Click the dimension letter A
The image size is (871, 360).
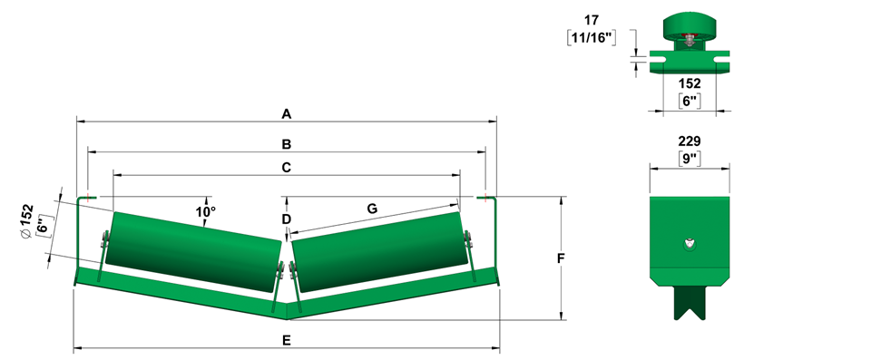pos(286,114)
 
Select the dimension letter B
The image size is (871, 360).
pos(286,144)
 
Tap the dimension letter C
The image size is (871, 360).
pos(286,167)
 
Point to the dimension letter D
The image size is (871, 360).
pos(286,219)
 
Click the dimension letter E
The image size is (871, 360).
pos(286,340)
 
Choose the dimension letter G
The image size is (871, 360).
pos(372,209)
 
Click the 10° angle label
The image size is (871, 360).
pos(205,211)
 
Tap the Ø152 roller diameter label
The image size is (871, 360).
pos(27,221)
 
